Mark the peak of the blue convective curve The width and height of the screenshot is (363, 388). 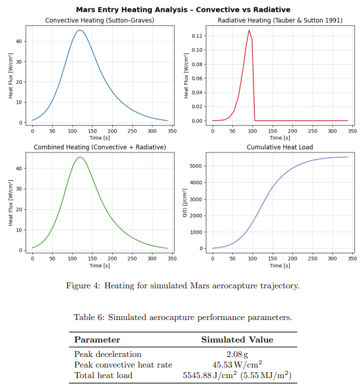pyautogui.click(x=80, y=30)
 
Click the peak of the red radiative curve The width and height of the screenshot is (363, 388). pyautogui.click(x=249, y=30)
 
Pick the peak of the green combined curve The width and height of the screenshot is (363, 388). pyautogui.click(x=80, y=157)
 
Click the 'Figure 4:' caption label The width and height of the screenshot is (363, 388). pyautogui.click(x=84, y=286)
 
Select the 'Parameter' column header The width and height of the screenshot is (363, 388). pyautogui.click(x=97, y=340)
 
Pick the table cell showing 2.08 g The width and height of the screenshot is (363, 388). pyautogui.click(x=237, y=354)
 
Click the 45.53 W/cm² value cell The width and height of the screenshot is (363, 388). pyautogui.click(x=237, y=365)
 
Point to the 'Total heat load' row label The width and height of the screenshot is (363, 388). pyautogui.click(x=103, y=375)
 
